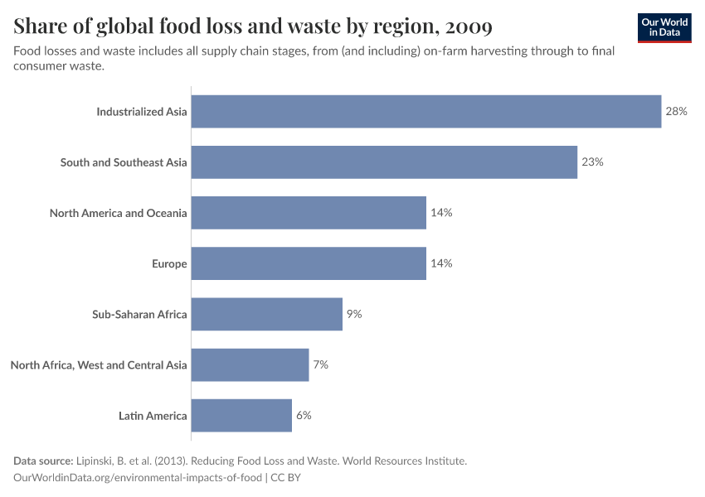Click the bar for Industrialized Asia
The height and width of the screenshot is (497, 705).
pos(426,111)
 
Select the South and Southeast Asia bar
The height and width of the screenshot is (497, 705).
pos(384,162)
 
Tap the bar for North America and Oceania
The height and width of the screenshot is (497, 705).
pos(309,213)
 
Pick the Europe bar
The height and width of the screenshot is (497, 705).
pos(309,263)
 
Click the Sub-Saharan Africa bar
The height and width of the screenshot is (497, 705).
pos(267,314)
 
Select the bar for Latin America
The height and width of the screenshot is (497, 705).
pos(241,415)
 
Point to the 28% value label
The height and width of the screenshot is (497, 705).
pos(676,111)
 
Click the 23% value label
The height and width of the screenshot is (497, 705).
pos(592,162)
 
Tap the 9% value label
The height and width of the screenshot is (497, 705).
pos(354,314)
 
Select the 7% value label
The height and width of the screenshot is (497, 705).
pos(321,364)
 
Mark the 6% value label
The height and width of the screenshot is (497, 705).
pos(304,415)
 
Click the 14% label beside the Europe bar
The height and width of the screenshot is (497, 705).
pos(441,263)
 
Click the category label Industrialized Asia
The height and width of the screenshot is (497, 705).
pos(142,111)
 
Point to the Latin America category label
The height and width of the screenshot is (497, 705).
pos(153,415)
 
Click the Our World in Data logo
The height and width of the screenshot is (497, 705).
pos(664,27)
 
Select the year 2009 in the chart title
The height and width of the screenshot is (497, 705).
pos(469,27)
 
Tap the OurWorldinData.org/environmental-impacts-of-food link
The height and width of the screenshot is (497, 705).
pos(139,478)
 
